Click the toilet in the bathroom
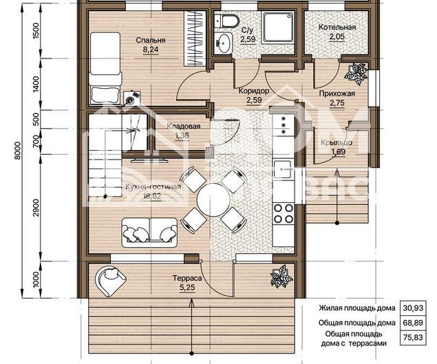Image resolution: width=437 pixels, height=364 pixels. (227, 21)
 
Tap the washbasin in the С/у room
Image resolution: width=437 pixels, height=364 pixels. (224, 43)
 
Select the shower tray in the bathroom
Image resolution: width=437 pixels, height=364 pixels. (278, 28)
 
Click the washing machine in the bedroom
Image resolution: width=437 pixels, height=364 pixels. (132, 98)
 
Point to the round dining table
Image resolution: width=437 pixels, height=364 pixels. (213, 200)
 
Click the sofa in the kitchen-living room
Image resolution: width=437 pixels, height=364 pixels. (149, 233)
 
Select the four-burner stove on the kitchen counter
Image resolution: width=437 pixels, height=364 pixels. (284, 213)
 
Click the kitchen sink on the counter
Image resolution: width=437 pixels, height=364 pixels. (283, 169)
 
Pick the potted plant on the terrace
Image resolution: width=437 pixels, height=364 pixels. (281, 276)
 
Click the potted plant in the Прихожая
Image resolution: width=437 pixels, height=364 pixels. (356, 74)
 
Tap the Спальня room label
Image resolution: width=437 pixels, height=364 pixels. (151, 40)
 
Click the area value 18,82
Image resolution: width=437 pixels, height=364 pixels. (152, 196)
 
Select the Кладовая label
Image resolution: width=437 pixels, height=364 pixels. (184, 126)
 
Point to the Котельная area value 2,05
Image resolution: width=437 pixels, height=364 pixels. (337, 36)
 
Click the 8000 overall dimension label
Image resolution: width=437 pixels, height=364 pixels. (17, 151)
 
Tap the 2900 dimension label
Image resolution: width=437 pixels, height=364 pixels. (36, 208)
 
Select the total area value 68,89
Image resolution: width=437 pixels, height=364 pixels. (413, 323)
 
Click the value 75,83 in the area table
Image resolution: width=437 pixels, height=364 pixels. (413, 338)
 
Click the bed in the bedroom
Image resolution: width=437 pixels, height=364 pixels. (105, 68)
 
